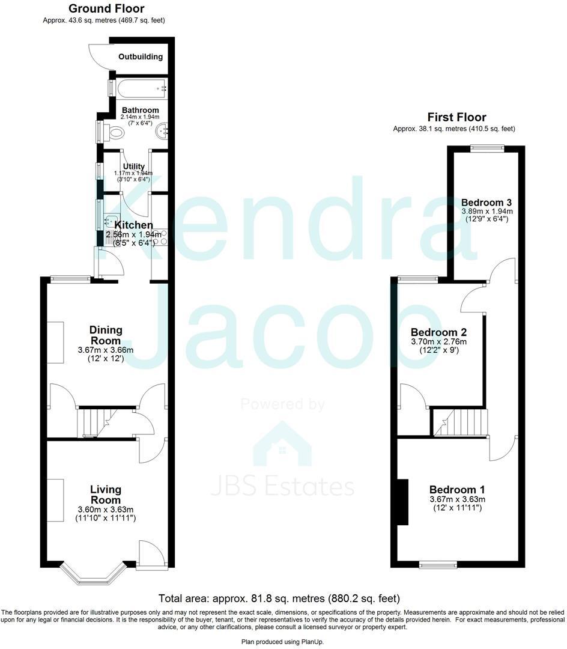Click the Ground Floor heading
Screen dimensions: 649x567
[106, 8]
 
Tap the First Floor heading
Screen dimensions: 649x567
[456, 117]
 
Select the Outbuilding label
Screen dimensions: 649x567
[140, 57]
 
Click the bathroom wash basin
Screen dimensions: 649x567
[162, 132]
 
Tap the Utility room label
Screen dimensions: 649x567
[133, 166]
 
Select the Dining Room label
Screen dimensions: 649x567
[106, 335]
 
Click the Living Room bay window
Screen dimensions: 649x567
[92, 573]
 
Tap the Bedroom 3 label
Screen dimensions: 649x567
[487, 202]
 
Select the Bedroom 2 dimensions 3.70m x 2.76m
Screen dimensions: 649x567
[438, 341]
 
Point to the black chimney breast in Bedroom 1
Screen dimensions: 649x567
[402, 502]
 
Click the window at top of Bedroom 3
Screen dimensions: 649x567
[487, 148]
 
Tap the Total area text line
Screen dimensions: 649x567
[279, 599]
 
